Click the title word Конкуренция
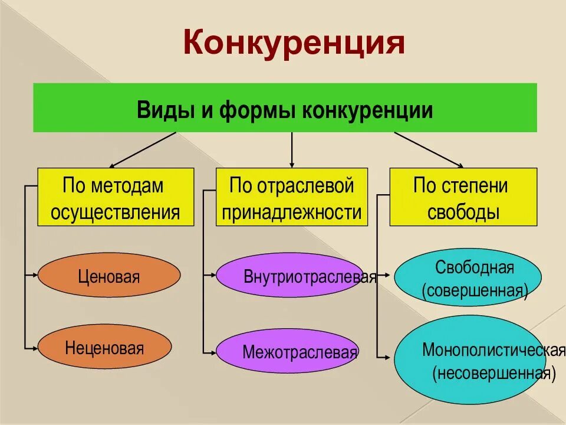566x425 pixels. [294, 43]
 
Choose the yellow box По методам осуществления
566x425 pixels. [116, 197]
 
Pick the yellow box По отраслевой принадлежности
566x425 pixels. [292, 197]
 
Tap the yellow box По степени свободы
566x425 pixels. [463, 197]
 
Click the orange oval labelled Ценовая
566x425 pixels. [109, 276]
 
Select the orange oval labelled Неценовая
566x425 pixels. [105, 348]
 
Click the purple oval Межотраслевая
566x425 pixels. [287, 352]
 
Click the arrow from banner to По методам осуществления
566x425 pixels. [143, 150]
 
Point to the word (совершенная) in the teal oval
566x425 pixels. [475, 290]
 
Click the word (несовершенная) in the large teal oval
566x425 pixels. [493, 373]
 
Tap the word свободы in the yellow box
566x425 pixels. [463, 212]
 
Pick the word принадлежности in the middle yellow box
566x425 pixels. [292, 212]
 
